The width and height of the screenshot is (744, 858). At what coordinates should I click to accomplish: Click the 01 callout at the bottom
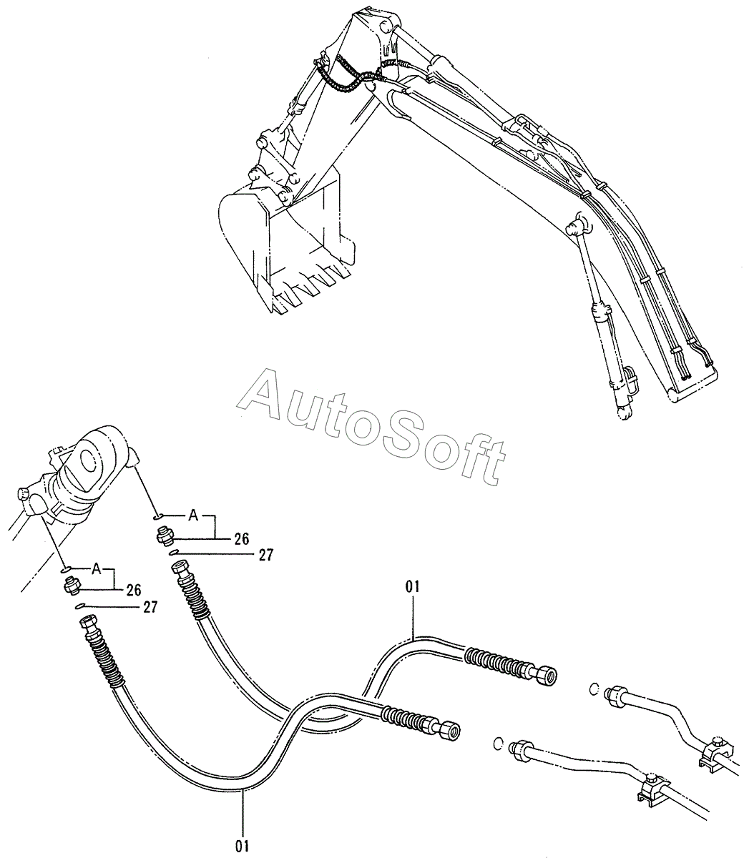click(242, 846)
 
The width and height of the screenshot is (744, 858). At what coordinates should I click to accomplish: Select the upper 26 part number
click(241, 540)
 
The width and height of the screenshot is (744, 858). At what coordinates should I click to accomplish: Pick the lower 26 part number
click(133, 590)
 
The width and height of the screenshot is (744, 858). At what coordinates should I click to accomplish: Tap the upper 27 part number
click(265, 554)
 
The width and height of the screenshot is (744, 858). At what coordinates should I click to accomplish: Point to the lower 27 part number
click(150, 606)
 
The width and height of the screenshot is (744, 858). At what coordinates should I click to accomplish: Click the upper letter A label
click(192, 515)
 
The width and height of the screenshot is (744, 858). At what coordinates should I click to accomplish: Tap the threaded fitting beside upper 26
click(164, 536)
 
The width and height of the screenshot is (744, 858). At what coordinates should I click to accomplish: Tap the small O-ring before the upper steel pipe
click(594, 689)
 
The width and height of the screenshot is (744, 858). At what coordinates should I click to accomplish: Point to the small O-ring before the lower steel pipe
click(498, 745)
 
